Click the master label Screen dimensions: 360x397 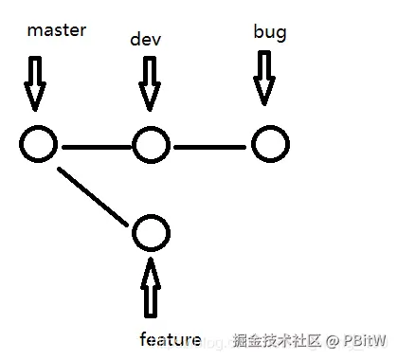(x=57, y=30)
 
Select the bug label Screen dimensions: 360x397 (x=270, y=33)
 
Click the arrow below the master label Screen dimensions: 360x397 (x=35, y=82)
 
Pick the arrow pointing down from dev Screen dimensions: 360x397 (x=149, y=83)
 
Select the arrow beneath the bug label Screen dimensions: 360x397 (x=264, y=78)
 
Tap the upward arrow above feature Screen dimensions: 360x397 (x=150, y=286)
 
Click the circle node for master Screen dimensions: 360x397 (x=38, y=145)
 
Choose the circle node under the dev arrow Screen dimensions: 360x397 (x=151, y=145)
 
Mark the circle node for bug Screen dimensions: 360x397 (x=270, y=145)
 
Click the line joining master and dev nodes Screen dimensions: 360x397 (x=94, y=146)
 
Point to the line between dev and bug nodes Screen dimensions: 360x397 (x=210, y=146)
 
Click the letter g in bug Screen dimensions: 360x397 (x=281, y=35)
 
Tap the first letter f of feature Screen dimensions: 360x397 (x=143, y=338)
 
